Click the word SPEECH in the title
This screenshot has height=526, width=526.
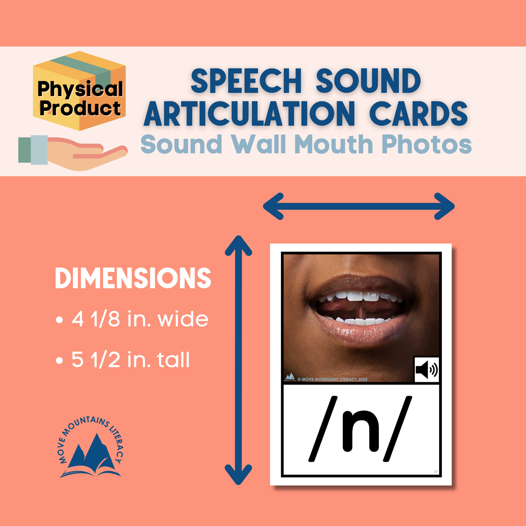point(246,81)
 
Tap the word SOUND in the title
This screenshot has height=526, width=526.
point(368,81)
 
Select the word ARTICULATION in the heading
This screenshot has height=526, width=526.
point(249,114)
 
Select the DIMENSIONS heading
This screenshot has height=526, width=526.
point(133,278)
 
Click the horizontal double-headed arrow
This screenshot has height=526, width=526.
point(358,206)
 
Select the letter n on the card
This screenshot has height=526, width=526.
point(361,430)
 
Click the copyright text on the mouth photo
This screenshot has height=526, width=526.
point(332,379)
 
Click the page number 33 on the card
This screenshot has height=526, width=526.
point(435,472)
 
